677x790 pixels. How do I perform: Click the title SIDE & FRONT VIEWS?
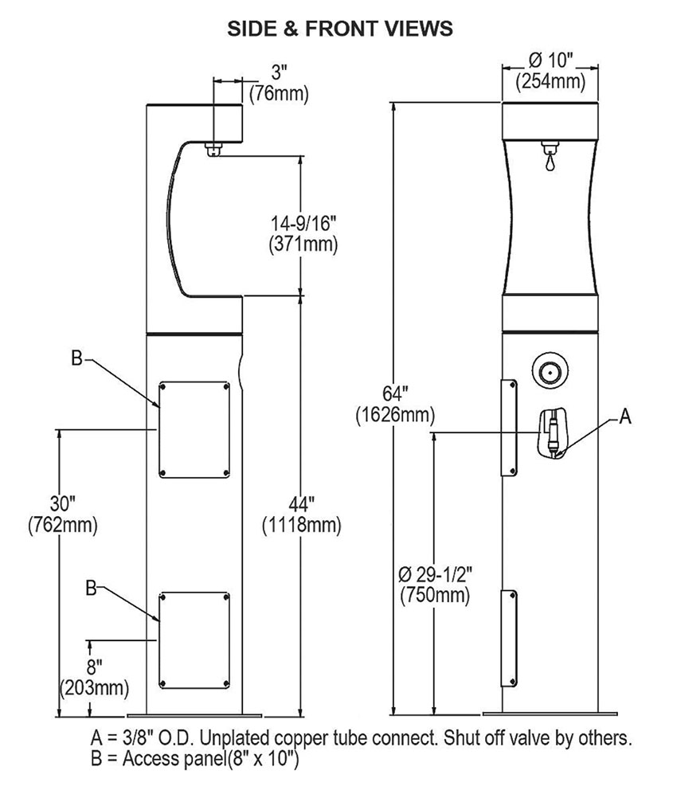point(340,29)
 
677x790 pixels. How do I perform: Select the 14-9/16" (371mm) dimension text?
point(302,233)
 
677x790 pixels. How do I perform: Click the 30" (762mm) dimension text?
point(61,514)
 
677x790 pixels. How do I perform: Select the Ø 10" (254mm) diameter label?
point(551,70)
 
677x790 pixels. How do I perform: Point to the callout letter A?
point(624,416)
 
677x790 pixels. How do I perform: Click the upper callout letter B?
point(76,359)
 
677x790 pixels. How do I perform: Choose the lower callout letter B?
point(90,587)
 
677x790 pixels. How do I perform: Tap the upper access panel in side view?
point(195,429)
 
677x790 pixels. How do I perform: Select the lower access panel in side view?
point(195,640)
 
